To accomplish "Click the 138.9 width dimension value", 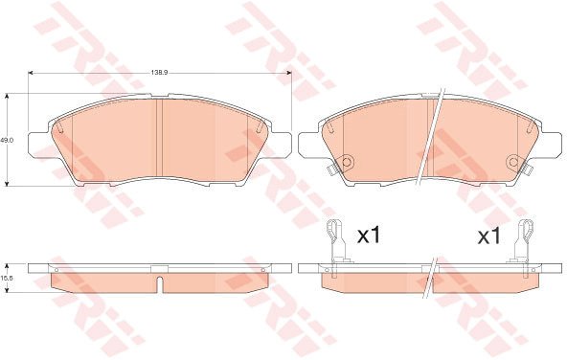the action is (159, 73).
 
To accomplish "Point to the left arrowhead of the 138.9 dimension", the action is (31, 73).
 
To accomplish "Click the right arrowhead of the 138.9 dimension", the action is (289, 73).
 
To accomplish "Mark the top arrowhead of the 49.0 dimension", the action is (7, 96).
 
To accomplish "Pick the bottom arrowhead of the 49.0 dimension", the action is (7, 184).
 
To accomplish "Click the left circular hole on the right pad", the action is (347, 162).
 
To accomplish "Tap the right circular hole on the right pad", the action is (513, 162).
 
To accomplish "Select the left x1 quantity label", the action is (369, 236).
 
